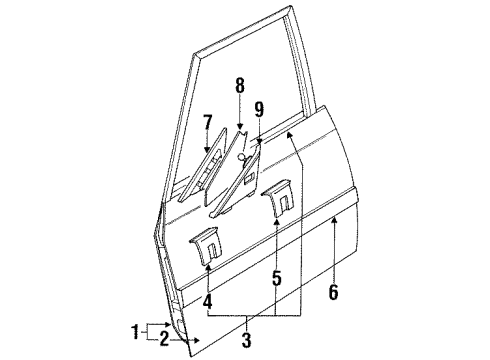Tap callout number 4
207,299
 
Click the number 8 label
240,86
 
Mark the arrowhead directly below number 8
240,127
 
